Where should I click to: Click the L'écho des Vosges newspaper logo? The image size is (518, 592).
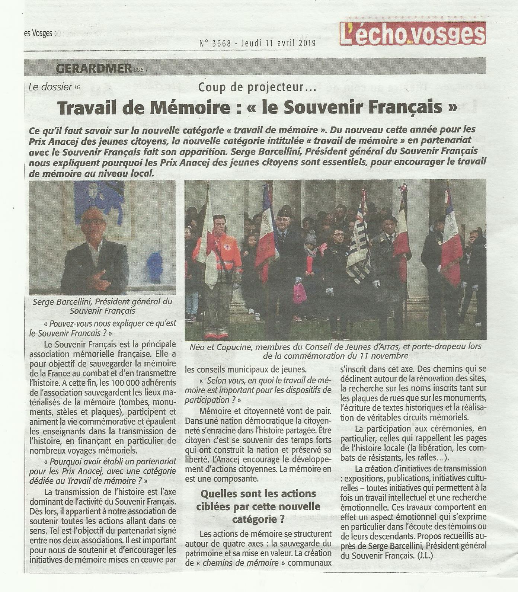pyautogui.click(x=412, y=34)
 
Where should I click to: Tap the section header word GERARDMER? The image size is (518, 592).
pyautogui.click(x=93, y=68)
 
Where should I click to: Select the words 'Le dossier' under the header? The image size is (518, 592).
pyautogui.click(x=50, y=87)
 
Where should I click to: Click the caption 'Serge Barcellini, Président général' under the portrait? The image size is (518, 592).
pyautogui.click(x=103, y=306)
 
